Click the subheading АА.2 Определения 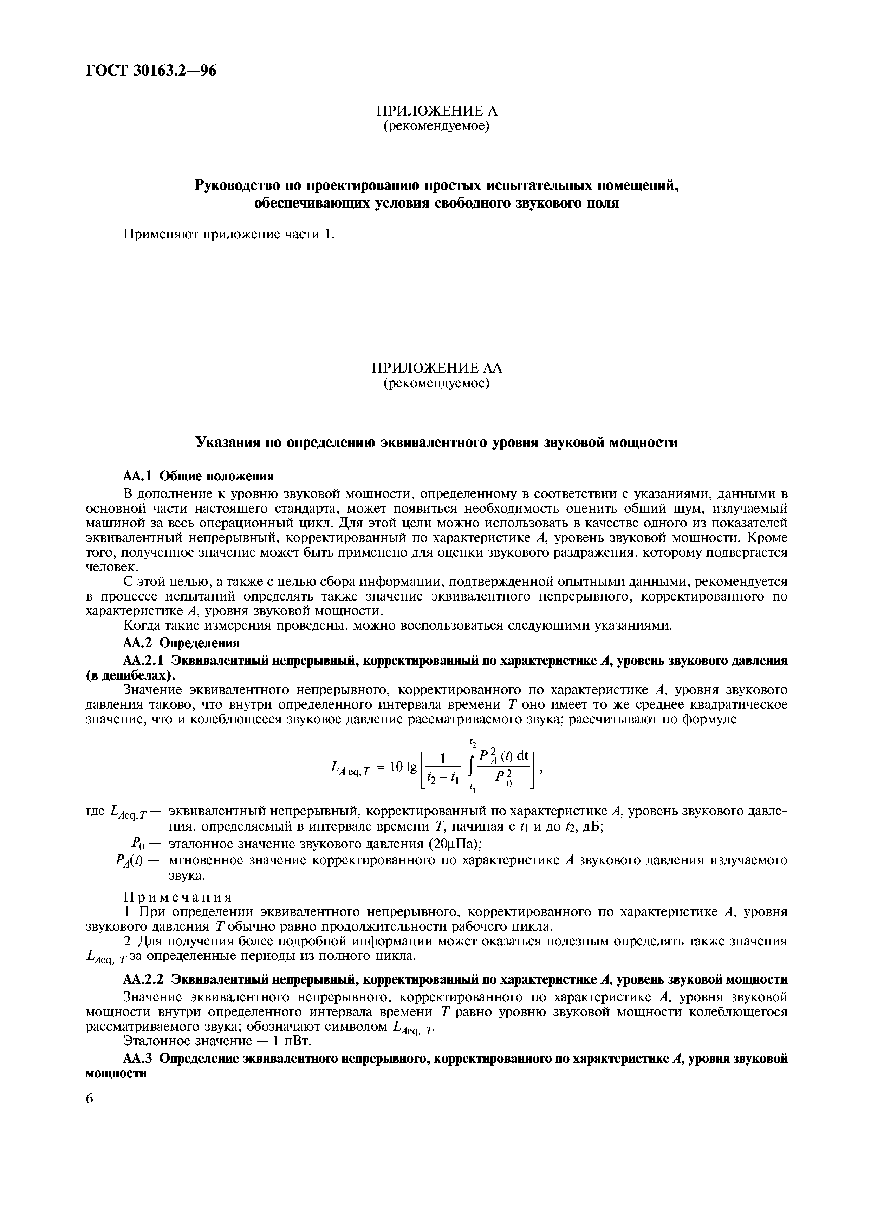click(181, 642)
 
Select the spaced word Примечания click(178, 898)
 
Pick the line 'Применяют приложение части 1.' click(229, 235)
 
